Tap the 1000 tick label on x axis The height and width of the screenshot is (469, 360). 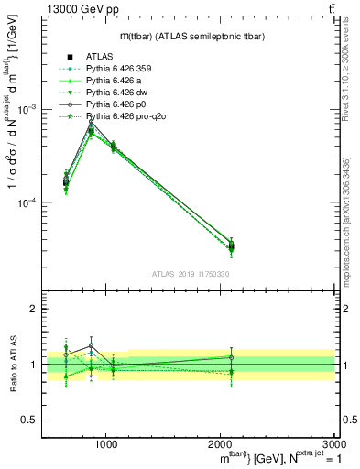tap(106, 444)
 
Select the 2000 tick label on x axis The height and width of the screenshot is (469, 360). tap(220, 444)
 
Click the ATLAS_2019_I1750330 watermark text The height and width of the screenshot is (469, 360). tap(189, 274)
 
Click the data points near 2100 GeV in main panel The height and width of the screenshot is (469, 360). tap(232, 245)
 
